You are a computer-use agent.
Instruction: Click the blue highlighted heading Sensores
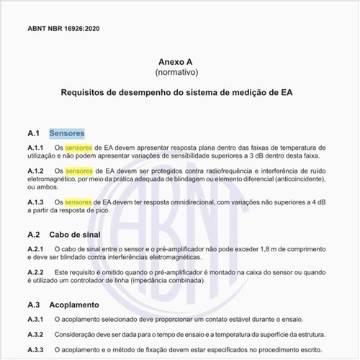pos(67,133)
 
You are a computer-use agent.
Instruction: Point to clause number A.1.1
pos(36,147)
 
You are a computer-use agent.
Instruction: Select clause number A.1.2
pos(36,171)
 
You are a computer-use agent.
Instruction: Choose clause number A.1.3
pos(36,202)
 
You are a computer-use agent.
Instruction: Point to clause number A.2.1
pos(36,248)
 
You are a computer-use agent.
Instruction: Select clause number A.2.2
pos(36,272)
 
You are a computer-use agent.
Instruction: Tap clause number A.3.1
pos(36,318)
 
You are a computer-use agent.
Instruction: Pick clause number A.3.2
pos(36,334)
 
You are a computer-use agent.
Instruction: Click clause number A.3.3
pos(36,350)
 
